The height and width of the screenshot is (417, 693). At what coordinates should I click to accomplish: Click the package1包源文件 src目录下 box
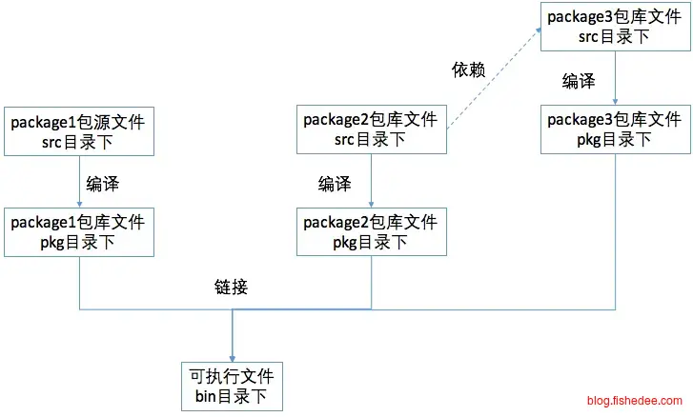click(x=78, y=130)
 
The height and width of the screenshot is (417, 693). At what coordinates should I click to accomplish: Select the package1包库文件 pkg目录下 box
click(x=78, y=231)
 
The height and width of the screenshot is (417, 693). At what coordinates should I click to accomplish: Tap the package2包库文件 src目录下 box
click(x=371, y=130)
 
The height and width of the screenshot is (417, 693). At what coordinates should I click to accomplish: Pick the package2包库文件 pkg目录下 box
click(x=371, y=231)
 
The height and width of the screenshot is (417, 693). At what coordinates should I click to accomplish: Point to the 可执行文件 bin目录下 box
click(x=233, y=385)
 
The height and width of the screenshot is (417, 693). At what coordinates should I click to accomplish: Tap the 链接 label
click(x=232, y=287)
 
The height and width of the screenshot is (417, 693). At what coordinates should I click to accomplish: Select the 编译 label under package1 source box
click(x=102, y=182)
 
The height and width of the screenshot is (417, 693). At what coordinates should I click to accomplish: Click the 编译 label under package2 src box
click(x=335, y=182)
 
